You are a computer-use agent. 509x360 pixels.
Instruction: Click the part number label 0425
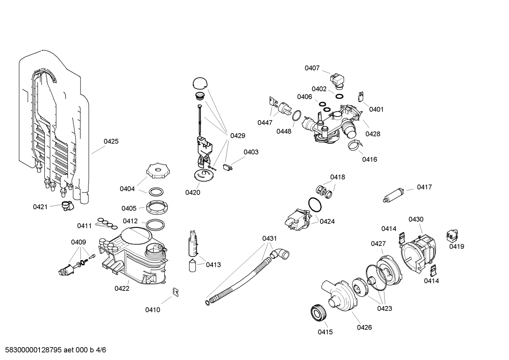click(111, 141)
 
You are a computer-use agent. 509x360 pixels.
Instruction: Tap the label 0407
click(312, 68)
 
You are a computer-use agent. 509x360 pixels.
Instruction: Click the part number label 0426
click(364, 327)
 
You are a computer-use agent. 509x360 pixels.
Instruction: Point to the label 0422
click(122, 288)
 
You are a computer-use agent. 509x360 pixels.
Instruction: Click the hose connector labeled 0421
click(66, 205)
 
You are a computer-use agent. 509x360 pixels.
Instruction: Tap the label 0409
click(78, 242)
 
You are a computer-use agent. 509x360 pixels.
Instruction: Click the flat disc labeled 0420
click(204, 175)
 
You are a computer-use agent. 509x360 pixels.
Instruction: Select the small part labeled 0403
click(228, 167)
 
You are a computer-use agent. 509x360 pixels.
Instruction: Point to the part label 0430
click(416, 219)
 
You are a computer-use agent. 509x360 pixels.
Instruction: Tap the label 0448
click(284, 131)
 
